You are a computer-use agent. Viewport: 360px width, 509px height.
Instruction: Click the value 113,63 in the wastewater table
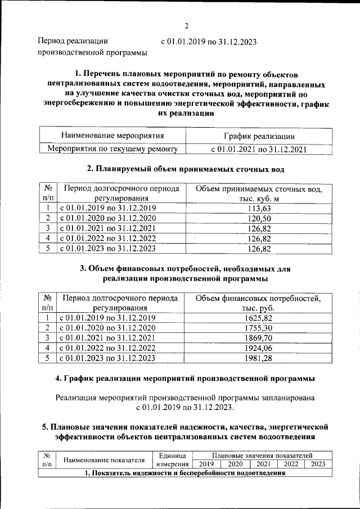coord(259,208)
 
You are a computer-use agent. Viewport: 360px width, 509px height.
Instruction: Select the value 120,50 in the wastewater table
coord(259,218)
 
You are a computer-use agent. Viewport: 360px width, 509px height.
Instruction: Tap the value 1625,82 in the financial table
coord(259,318)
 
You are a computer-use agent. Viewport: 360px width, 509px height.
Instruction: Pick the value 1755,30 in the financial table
coord(259,328)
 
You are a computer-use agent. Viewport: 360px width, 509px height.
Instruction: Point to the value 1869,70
coord(259,337)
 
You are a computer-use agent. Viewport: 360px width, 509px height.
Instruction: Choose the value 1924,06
coord(259,348)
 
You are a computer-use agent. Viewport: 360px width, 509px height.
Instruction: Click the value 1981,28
coord(259,358)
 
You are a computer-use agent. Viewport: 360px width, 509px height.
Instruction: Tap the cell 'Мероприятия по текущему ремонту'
coord(112,149)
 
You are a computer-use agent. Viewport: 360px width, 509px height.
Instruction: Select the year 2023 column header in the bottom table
coord(318,464)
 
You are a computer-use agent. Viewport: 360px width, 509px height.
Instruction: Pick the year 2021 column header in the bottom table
coord(262,464)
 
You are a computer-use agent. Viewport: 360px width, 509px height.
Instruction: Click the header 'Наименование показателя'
coord(104,460)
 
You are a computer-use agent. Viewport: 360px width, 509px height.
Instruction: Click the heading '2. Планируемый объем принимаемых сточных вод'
coord(186,169)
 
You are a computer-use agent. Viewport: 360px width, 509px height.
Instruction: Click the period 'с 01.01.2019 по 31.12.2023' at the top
coord(209,41)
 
